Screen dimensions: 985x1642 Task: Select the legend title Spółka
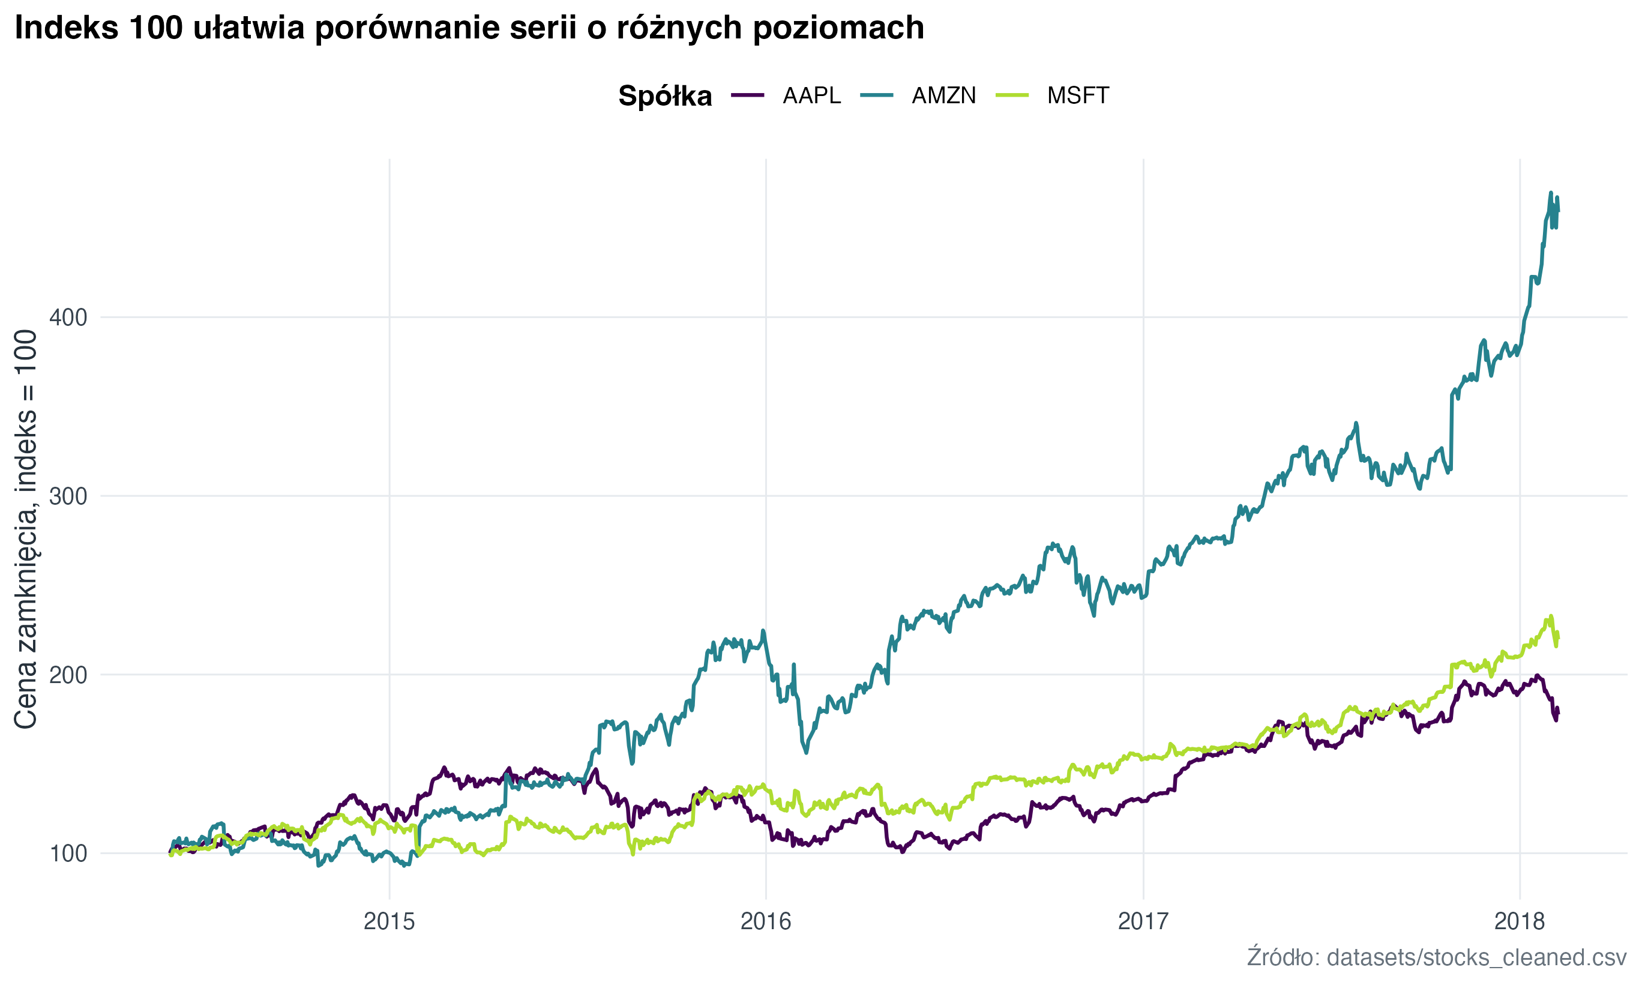(665, 96)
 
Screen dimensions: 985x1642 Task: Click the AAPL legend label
(811, 95)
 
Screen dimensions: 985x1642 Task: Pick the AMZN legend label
(943, 95)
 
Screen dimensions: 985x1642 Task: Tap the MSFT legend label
(1077, 95)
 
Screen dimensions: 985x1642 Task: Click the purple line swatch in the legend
(748, 95)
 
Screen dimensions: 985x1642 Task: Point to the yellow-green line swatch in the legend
(1012, 95)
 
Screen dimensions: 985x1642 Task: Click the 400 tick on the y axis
(68, 318)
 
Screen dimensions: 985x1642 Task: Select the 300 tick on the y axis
(68, 496)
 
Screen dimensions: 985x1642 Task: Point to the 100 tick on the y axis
(68, 854)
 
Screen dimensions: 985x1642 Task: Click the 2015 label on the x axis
(389, 921)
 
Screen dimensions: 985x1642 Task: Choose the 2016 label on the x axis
(766, 921)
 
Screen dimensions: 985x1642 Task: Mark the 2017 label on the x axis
(1143, 921)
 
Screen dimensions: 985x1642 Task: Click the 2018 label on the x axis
(1519, 921)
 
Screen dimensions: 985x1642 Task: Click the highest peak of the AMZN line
(1550, 193)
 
